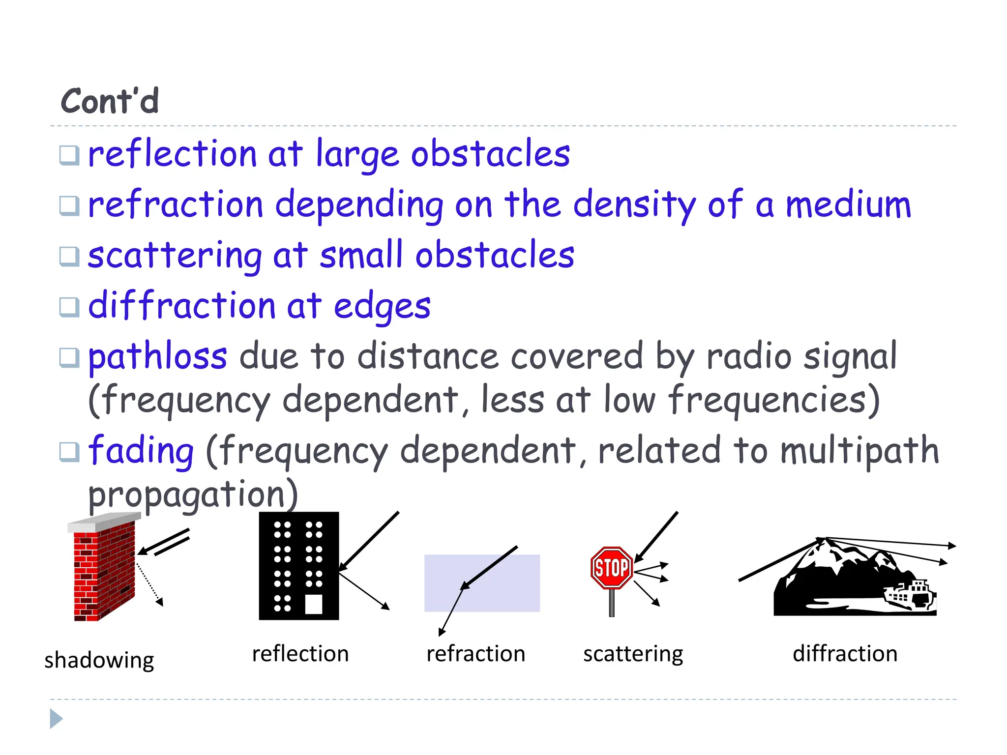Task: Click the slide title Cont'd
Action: [x=110, y=101]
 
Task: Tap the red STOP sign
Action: [x=611, y=568]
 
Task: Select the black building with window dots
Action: [x=298, y=565]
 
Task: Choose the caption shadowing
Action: [x=99, y=660]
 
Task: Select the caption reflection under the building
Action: [x=300, y=654]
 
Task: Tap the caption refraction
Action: [x=475, y=654]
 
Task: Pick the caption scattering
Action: [x=633, y=654]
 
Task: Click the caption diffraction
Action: [x=845, y=654]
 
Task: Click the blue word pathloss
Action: [x=157, y=357]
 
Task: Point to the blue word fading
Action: [x=141, y=451]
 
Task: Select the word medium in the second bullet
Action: [x=848, y=205]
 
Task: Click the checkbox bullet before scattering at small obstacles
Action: [x=69, y=256]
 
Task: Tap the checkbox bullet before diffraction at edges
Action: [x=69, y=307]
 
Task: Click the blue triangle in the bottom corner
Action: [x=56, y=719]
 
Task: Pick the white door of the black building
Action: [x=314, y=604]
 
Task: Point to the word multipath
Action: [x=859, y=451]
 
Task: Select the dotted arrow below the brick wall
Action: [x=149, y=585]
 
